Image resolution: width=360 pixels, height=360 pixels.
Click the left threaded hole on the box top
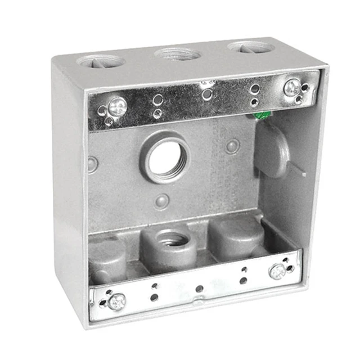102,61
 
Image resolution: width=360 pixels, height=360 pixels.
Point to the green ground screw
260,116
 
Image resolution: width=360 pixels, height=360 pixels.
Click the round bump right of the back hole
232,146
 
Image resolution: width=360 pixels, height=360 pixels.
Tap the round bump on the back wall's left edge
93,164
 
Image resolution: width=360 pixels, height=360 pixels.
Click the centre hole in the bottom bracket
198,289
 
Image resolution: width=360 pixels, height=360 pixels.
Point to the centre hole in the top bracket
207,94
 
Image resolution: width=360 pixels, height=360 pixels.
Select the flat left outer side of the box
69,197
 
